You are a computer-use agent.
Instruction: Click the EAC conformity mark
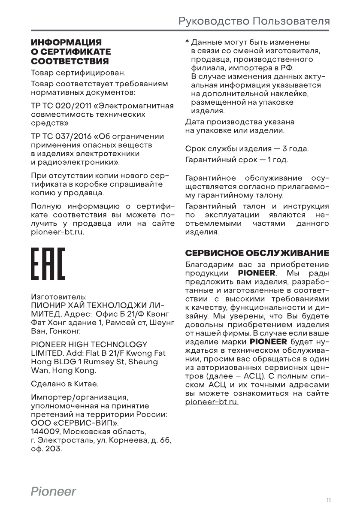[x=48, y=264]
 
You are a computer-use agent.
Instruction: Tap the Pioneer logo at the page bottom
[x=53, y=491]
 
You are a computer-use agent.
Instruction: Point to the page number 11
[x=328, y=500]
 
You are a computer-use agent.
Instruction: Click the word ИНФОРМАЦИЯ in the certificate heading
[x=66, y=42]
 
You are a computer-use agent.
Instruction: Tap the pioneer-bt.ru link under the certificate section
[x=57, y=232]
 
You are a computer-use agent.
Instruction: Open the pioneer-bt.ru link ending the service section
[x=212, y=402]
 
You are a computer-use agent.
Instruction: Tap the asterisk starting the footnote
[x=187, y=43]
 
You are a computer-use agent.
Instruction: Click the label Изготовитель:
[x=59, y=296]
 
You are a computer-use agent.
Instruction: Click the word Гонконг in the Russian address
[x=62, y=331]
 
